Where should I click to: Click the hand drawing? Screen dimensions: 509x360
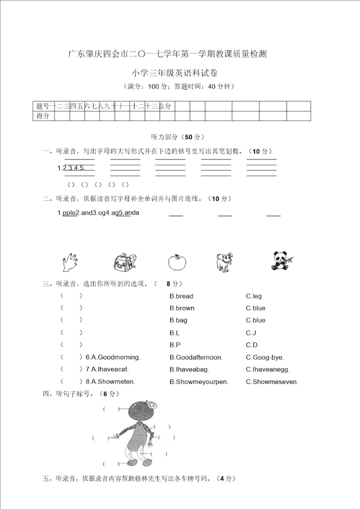(68, 261)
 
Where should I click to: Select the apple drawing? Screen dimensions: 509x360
(176, 261)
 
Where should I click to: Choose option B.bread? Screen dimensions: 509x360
(181, 296)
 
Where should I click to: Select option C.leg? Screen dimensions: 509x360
(253, 296)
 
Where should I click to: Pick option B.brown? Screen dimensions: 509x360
(182, 308)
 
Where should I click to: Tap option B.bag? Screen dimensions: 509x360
(178, 320)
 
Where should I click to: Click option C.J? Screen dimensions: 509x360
(251, 332)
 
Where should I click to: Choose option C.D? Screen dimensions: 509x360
(251, 345)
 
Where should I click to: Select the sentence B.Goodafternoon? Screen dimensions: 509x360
(196, 357)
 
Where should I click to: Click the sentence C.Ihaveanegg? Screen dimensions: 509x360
(267, 369)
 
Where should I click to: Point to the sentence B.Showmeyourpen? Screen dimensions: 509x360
(198, 381)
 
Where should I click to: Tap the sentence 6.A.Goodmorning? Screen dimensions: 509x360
(113, 357)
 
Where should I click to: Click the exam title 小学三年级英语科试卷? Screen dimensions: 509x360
(180, 73)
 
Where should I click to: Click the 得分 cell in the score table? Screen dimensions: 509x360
(43, 116)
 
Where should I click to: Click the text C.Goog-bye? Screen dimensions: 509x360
(264, 357)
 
